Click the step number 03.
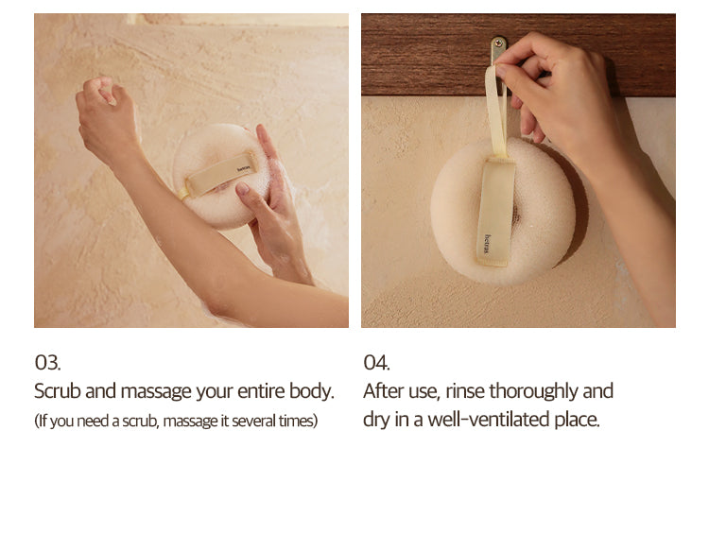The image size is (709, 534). (x=47, y=362)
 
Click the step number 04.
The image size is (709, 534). (x=376, y=362)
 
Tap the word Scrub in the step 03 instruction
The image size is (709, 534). (x=57, y=391)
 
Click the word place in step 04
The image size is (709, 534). (x=577, y=421)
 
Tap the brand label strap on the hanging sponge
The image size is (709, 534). (x=495, y=211)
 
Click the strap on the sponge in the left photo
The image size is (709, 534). (x=219, y=174)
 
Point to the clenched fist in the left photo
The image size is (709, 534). (x=107, y=115)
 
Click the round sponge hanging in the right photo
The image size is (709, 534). (x=503, y=211)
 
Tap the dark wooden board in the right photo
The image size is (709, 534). (x=518, y=55)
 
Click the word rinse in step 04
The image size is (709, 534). (x=465, y=391)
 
